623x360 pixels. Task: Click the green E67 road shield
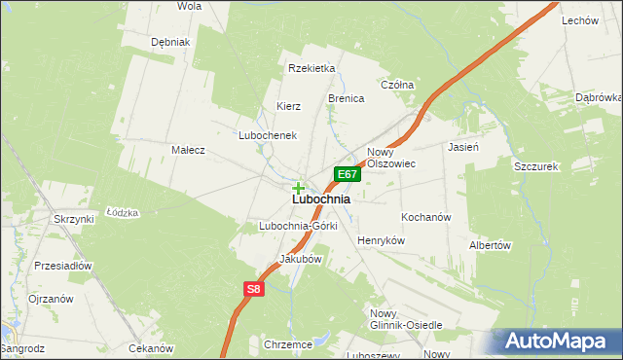pyautogui.click(x=348, y=174)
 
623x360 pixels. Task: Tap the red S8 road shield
pyautogui.click(x=253, y=289)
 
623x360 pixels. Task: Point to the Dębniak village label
pyautogui.click(x=169, y=43)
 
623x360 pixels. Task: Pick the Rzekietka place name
pyautogui.click(x=311, y=68)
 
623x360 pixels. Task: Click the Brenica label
pyautogui.click(x=346, y=99)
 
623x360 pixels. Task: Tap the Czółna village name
pyautogui.click(x=397, y=85)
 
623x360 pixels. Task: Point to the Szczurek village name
pyautogui.click(x=534, y=166)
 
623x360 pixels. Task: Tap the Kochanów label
pyautogui.click(x=425, y=217)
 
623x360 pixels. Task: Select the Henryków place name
pyautogui.click(x=381, y=240)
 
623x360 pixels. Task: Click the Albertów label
pyautogui.click(x=490, y=246)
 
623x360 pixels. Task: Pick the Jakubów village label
pyautogui.click(x=300, y=260)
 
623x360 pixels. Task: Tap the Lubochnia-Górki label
pyautogui.click(x=298, y=227)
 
